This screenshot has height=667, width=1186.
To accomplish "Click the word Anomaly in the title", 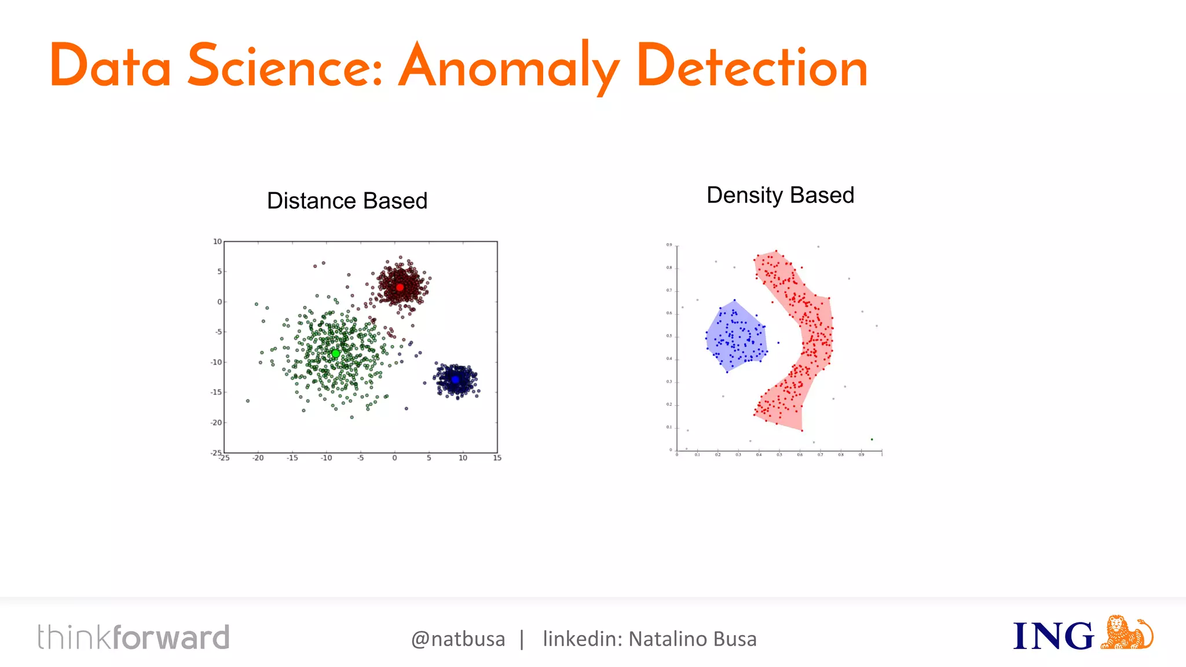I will [508, 67].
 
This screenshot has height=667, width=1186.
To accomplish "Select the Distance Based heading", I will [347, 201].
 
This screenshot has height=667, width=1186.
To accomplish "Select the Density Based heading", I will [780, 195].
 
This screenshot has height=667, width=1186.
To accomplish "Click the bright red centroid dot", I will [400, 287].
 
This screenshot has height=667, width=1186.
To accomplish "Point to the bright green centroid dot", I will [335, 353].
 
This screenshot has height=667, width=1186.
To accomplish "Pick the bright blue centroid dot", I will [455, 380].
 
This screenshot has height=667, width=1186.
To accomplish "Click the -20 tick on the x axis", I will [258, 458].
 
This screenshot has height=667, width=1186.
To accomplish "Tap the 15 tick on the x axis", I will [497, 458].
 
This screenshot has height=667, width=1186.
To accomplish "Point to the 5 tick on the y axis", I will [219, 272].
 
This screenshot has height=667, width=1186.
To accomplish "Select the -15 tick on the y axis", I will [216, 392].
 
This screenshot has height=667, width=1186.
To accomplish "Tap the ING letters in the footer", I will [1053, 636].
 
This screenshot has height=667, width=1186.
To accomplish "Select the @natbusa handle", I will [457, 639].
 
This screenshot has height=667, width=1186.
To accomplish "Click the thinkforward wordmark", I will [134, 637].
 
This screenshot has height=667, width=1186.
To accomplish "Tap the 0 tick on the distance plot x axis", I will [394, 458].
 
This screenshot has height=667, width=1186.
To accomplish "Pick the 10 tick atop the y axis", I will [217, 241].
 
